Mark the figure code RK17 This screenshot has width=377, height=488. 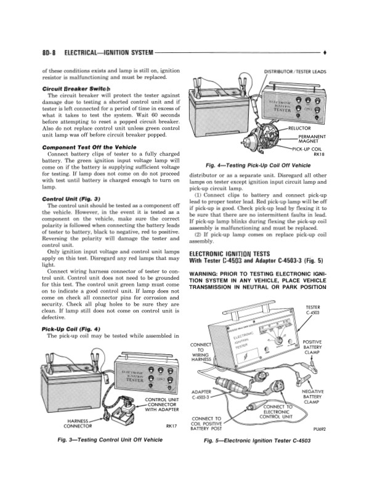(x=172, y=425)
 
